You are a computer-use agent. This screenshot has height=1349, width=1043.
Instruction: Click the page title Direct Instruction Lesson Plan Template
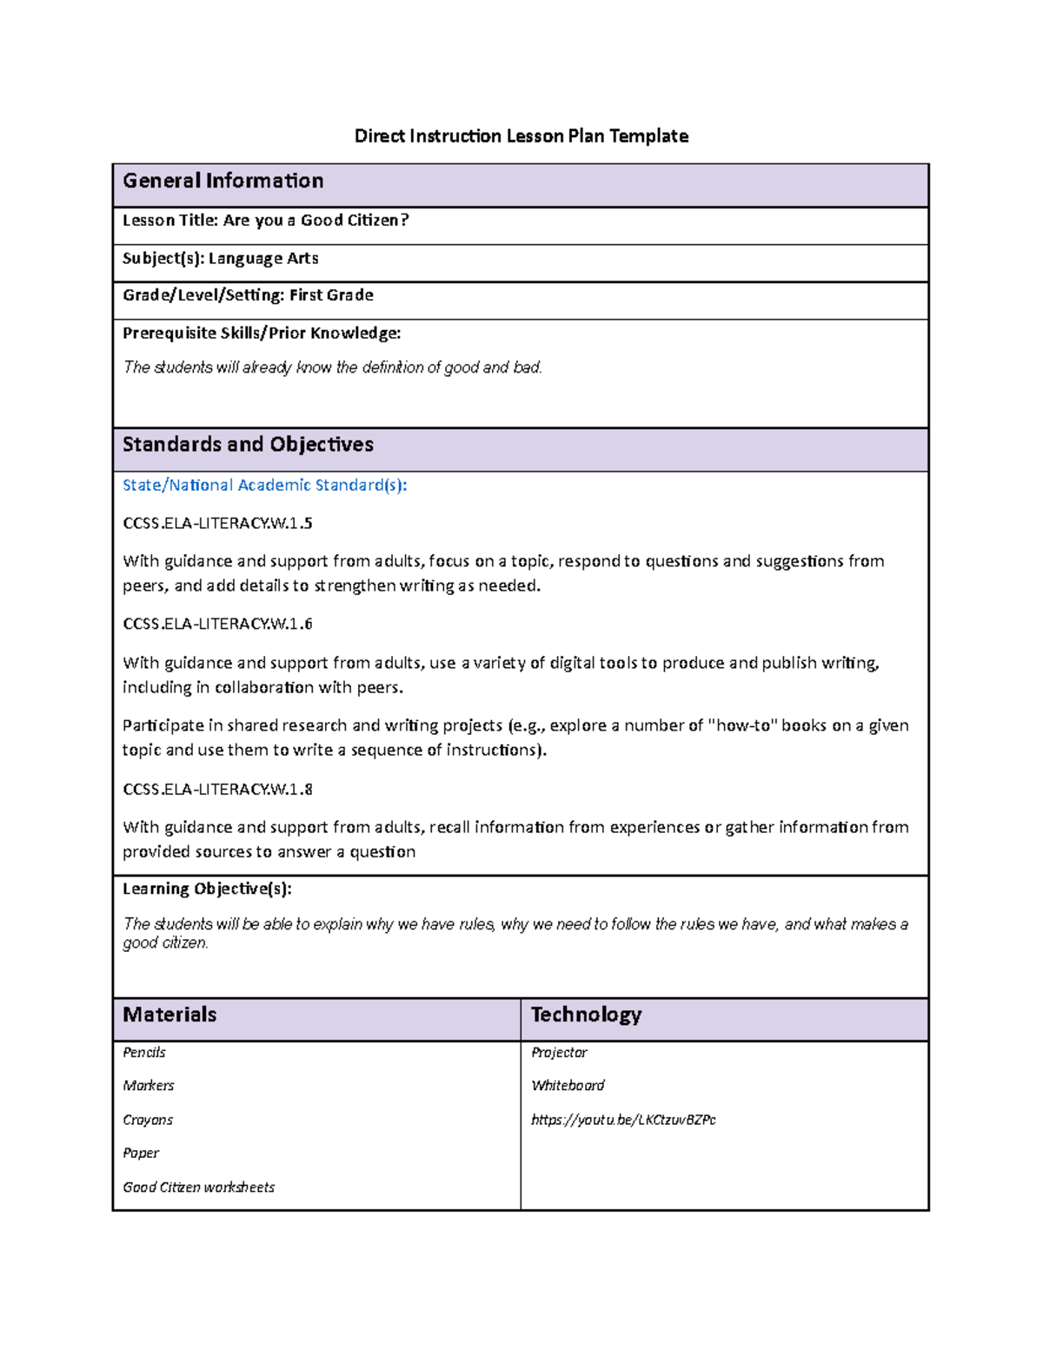[521, 136]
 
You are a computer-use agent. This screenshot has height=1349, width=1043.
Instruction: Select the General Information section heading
[223, 181]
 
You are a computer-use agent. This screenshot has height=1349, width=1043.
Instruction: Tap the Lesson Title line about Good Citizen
[265, 221]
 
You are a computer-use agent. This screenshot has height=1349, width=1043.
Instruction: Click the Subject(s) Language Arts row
[220, 258]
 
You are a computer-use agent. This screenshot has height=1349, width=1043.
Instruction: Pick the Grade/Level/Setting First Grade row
[248, 295]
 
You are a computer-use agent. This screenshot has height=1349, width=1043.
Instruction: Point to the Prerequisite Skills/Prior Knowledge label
[262, 333]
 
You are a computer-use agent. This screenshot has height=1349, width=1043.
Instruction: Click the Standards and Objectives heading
[248, 445]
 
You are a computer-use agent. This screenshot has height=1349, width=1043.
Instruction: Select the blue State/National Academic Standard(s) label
[264, 485]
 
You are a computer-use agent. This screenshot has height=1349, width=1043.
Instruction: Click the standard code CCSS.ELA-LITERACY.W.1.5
[217, 523]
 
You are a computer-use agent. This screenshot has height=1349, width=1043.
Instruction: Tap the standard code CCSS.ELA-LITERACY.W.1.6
[217, 624]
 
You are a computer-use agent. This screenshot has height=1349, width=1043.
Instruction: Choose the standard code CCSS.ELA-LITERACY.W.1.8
[217, 789]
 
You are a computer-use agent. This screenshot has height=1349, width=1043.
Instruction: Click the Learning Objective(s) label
[207, 889]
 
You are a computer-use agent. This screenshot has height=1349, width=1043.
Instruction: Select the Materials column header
[169, 1015]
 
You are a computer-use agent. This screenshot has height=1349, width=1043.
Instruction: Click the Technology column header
[586, 1015]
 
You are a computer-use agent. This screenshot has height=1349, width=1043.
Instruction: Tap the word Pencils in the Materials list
[144, 1053]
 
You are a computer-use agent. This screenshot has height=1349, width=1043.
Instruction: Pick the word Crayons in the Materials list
[148, 1120]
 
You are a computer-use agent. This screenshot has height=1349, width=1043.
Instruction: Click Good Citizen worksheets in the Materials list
[198, 1187]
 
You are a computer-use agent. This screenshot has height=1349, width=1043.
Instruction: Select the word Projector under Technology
[559, 1053]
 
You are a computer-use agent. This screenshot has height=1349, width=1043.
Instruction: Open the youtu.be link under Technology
[623, 1120]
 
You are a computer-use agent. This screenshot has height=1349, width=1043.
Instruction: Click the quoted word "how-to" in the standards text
[742, 725]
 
